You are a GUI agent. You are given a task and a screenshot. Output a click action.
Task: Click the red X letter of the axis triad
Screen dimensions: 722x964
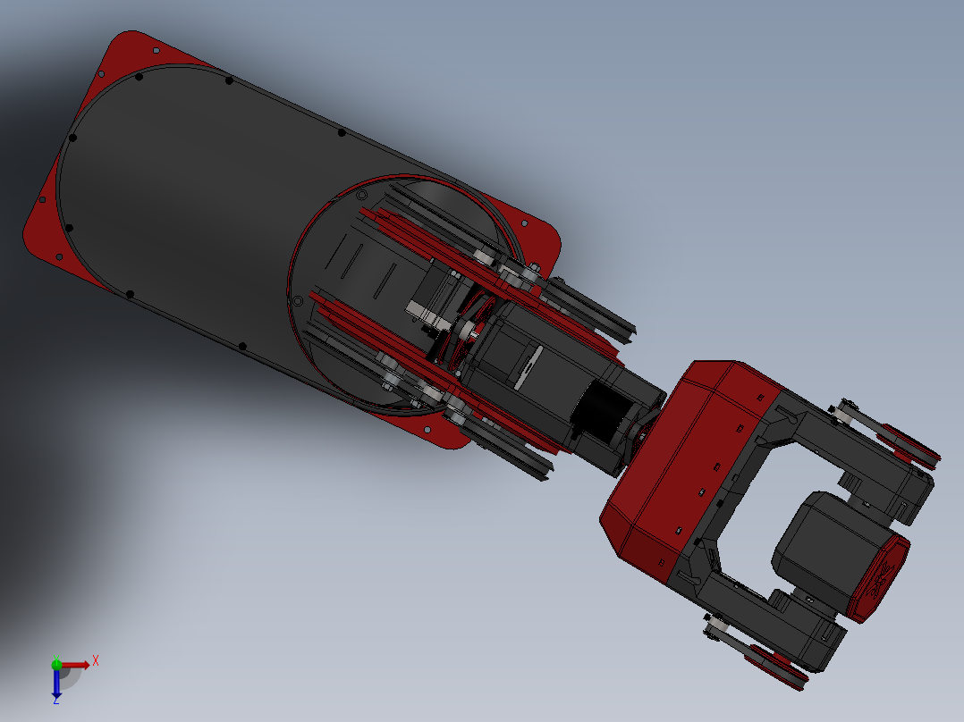(96, 661)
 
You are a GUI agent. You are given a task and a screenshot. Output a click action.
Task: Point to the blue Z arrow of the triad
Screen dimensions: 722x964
(56, 688)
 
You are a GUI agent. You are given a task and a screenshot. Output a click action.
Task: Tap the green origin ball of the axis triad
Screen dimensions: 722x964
(56, 664)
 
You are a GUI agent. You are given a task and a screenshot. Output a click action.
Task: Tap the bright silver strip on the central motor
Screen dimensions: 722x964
(528, 365)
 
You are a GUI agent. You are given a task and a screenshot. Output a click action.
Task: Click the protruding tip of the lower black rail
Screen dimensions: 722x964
(542, 474)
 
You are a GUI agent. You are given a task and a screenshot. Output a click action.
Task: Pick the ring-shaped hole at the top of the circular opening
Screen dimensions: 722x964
(361, 194)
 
